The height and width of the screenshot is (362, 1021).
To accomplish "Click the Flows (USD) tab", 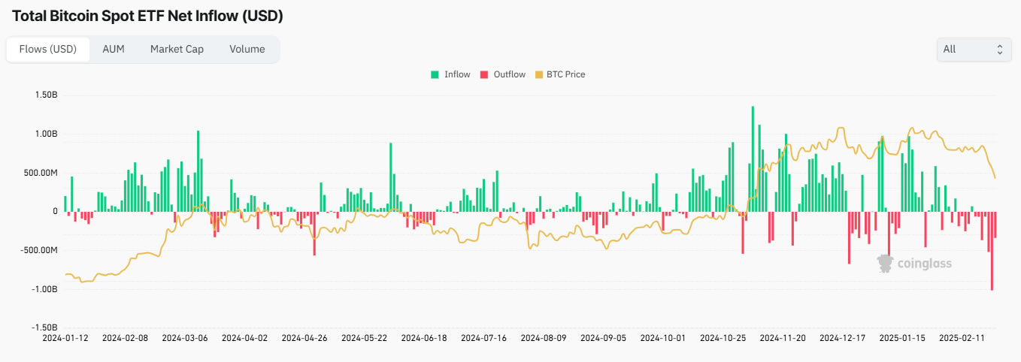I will pyautogui.click(x=48, y=49).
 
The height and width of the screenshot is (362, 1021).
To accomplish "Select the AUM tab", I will pyautogui.click(x=113, y=49).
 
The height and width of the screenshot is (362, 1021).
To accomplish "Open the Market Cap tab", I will pyautogui.click(x=177, y=49).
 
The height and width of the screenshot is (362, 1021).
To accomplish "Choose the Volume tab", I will pyautogui.click(x=247, y=49).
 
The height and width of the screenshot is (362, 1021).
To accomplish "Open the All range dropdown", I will pyautogui.click(x=974, y=49).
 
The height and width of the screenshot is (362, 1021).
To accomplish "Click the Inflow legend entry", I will pyautogui.click(x=451, y=74).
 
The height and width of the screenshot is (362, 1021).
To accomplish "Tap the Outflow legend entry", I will pyautogui.click(x=503, y=74).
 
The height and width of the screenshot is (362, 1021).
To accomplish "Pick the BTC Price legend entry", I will pyautogui.click(x=560, y=74).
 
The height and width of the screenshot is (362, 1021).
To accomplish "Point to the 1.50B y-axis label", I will pyautogui.click(x=46, y=95).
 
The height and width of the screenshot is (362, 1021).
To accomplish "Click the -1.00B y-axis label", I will pyautogui.click(x=45, y=289).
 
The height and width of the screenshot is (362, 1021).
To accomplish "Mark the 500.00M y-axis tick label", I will pyautogui.click(x=41, y=173).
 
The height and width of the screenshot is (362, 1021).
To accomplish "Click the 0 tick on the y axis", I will pyautogui.click(x=55, y=212).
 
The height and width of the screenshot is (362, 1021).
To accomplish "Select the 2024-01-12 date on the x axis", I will pyautogui.click(x=65, y=338).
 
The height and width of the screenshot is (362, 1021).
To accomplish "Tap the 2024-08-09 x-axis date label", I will pyautogui.click(x=544, y=338).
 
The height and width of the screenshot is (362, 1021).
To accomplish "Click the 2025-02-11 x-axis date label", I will pyautogui.click(x=962, y=338).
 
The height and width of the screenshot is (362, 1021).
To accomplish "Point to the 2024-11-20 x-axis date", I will pyautogui.click(x=783, y=338).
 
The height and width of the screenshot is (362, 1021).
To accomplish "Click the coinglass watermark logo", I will pyautogui.click(x=914, y=263).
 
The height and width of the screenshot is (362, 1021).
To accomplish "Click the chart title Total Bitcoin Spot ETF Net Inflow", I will pyautogui.click(x=148, y=15).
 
